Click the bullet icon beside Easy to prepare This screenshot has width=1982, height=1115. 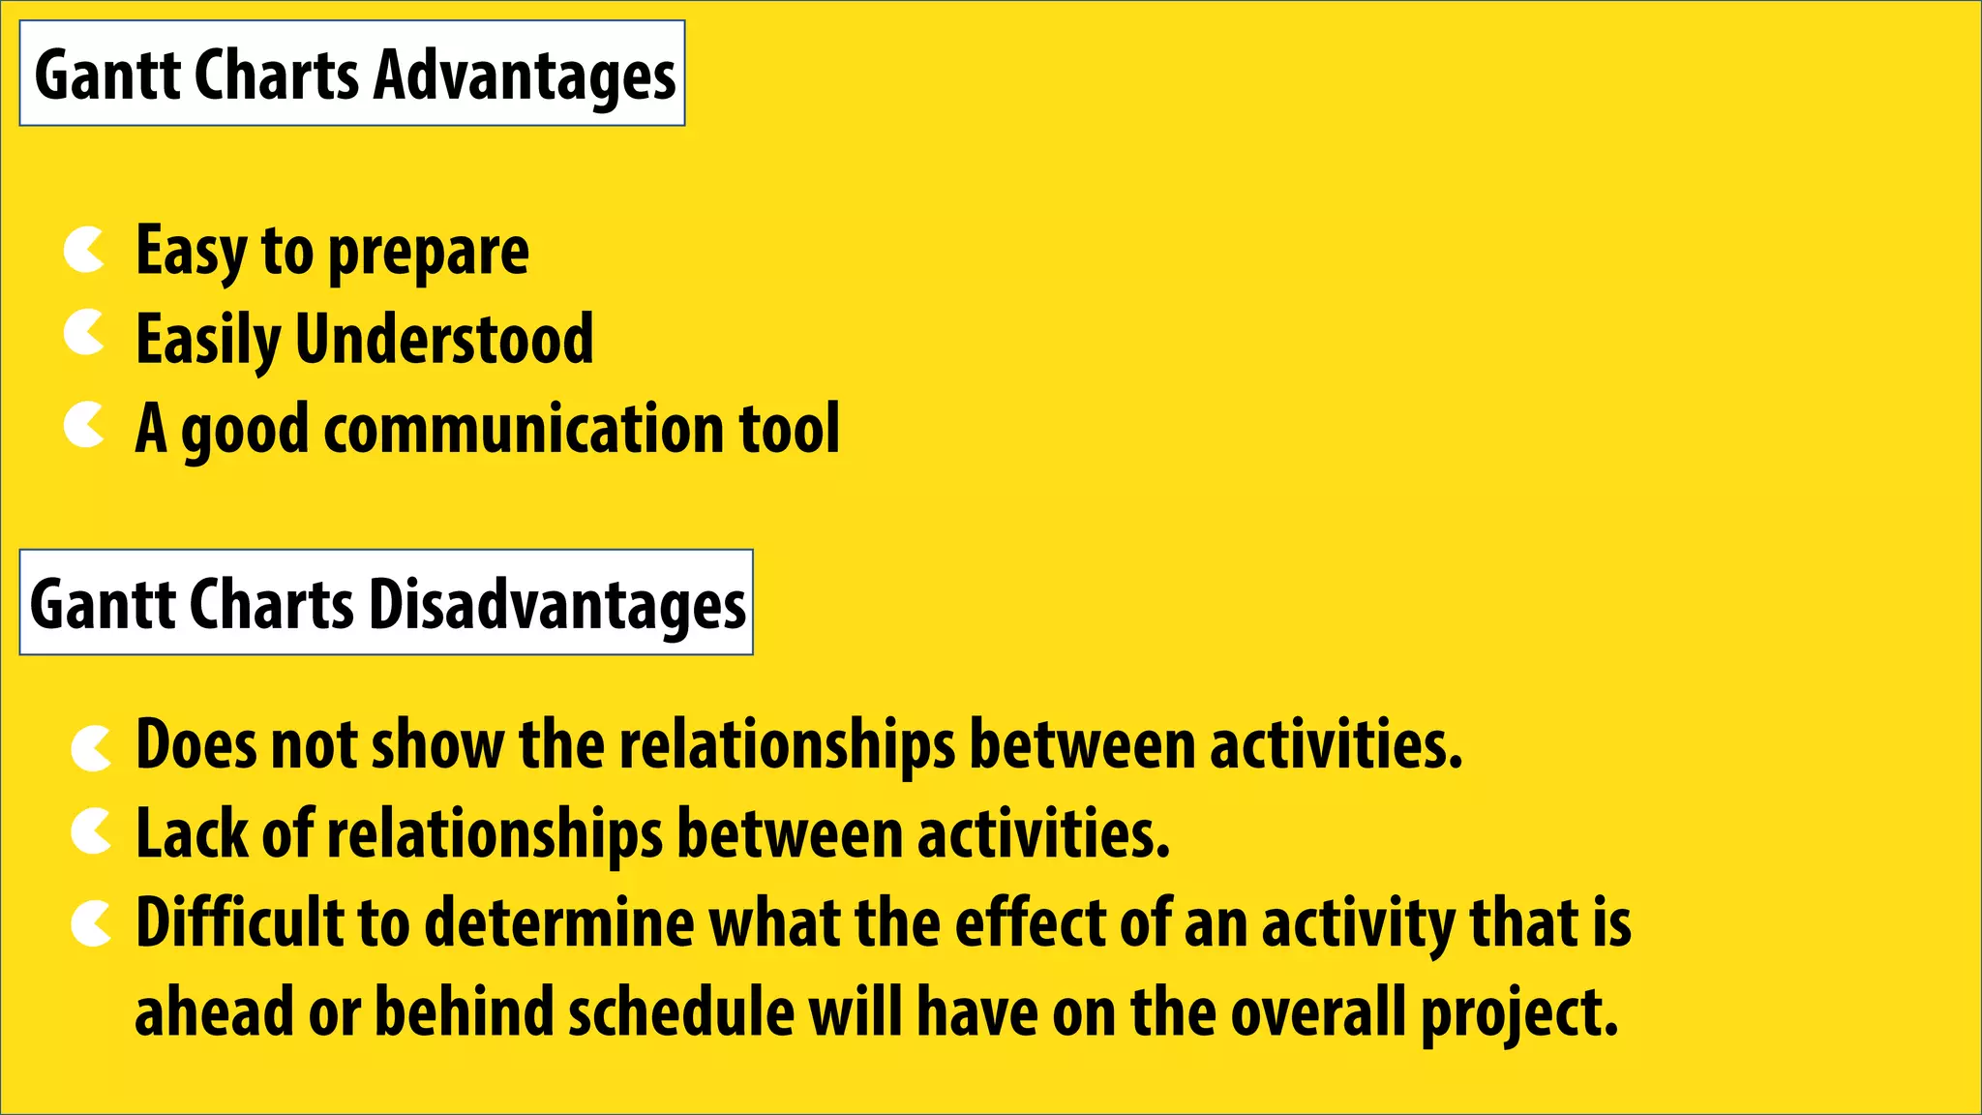coord(84,251)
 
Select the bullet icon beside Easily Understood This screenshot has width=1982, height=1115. coord(84,335)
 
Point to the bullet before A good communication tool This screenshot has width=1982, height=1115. coord(84,426)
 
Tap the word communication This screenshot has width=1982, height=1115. coord(524,428)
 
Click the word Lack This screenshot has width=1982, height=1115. coord(191,833)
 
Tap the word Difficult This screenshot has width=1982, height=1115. coord(239,922)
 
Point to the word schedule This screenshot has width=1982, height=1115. coord(680,1012)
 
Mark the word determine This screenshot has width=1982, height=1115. coord(558,922)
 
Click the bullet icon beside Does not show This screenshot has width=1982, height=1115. coord(92,749)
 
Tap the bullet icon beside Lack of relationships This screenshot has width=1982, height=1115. coord(92,832)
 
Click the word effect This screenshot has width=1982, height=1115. coord(1029,922)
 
